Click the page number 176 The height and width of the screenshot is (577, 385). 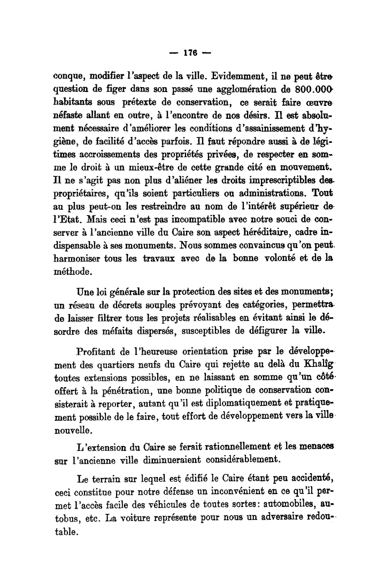click(x=191, y=53)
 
